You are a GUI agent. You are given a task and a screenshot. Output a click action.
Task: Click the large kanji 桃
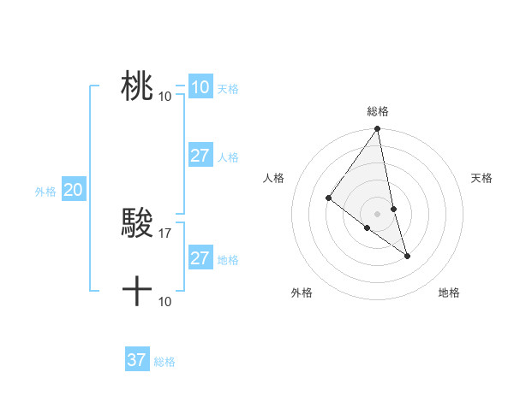click(x=137, y=86)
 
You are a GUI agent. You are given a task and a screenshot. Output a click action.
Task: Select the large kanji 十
click(x=137, y=291)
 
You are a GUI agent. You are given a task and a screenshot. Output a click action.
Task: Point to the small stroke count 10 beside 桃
click(x=165, y=96)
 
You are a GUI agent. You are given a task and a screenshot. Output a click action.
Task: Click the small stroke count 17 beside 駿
click(x=165, y=232)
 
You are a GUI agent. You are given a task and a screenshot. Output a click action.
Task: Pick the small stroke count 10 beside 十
click(x=165, y=301)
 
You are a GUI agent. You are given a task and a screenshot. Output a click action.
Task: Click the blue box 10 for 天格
click(x=200, y=86)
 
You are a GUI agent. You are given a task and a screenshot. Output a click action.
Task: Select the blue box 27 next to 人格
click(x=200, y=156)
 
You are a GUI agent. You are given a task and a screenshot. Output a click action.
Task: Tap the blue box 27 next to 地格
click(x=200, y=258)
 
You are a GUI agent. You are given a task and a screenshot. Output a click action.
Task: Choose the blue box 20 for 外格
click(x=73, y=190)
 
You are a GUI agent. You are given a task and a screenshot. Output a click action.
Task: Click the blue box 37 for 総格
click(x=137, y=360)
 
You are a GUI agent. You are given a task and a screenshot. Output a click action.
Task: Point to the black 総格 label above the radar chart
click(x=378, y=111)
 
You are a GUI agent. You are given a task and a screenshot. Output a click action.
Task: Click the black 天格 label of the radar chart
click(x=481, y=178)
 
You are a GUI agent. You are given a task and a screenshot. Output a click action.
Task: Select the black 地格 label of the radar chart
click(x=449, y=293)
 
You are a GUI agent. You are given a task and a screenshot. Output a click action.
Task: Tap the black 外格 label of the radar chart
click(x=302, y=293)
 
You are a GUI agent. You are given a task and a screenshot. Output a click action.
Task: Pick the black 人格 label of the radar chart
click(x=273, y=178)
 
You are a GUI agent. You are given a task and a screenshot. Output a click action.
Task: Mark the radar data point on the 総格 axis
click(x=378, y=129)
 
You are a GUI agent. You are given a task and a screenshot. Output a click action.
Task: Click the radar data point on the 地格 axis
click(x=407, y=255)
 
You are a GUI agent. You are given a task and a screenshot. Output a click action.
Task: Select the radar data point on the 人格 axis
click(x=328, y=198)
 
